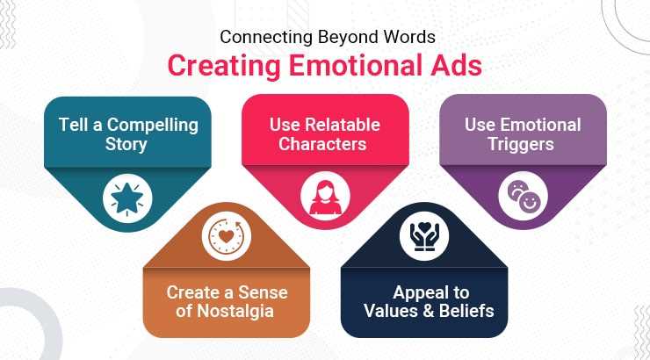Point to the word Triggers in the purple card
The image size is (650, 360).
point(523,144)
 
